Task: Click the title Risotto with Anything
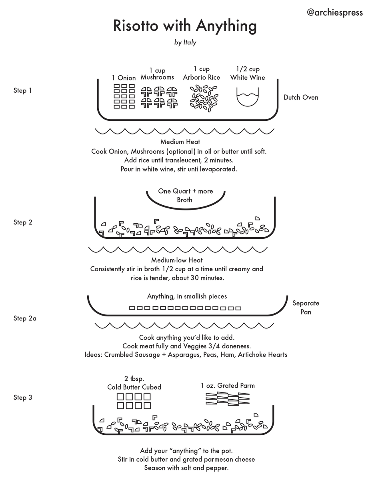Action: point(185,26)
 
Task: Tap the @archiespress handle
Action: point(335,12)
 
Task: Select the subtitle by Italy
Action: point(185,42)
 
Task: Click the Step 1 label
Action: point(23,90)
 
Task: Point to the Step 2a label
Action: point(25,318)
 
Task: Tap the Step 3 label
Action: point(23,397)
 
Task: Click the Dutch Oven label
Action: point(301,97)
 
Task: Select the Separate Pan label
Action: point(306,308)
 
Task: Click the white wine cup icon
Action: point(248,98)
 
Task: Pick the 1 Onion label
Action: point(124,78)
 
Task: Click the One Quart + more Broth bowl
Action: point(185,196)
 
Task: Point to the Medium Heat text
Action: point(180,142)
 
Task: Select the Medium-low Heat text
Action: point(177,260)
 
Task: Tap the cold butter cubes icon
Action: point(134,401)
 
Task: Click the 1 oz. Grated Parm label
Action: point(228,386)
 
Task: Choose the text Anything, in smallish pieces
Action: point(187,296)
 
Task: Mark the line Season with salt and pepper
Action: point(186,468)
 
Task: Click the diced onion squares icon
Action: point(124,96)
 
